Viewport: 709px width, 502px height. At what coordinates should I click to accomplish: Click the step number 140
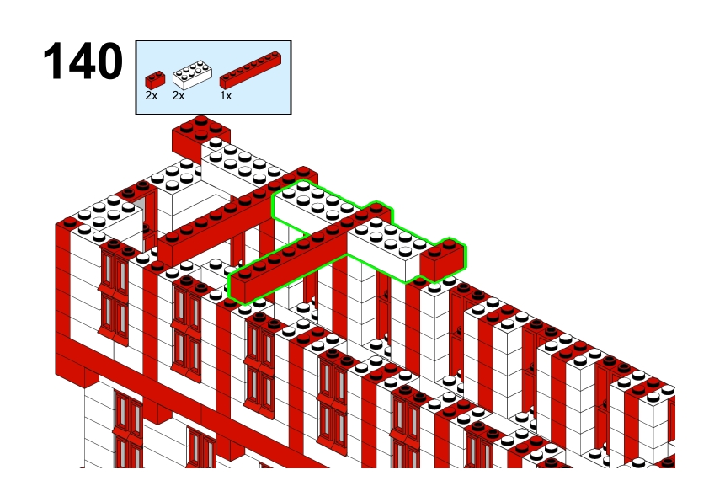[83, 61]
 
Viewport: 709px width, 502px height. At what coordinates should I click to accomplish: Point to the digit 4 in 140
[82, 61]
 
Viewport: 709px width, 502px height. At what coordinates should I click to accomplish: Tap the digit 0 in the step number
[109, 61]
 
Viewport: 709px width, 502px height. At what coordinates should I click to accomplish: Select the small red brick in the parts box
[155, 80]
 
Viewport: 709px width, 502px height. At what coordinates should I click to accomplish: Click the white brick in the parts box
[192, 75]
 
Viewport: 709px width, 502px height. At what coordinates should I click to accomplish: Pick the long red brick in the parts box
[250, 70]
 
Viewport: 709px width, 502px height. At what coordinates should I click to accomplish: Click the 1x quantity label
[226, 95]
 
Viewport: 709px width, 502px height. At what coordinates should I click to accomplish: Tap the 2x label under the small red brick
[151, 95]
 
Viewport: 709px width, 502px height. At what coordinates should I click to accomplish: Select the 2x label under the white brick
[179, 95]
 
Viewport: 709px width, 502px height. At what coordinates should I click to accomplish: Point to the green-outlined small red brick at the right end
[442, 260]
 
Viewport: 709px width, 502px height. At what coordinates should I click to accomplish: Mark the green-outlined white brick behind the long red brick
[317, 205]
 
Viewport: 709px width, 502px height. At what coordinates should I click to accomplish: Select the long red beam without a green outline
[235, 217]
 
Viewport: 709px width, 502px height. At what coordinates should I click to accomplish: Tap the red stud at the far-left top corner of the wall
[70, 222]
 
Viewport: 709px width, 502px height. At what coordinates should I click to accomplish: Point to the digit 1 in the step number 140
[54, 61]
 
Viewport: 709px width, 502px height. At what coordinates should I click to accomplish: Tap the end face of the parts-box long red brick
[223, 83]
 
